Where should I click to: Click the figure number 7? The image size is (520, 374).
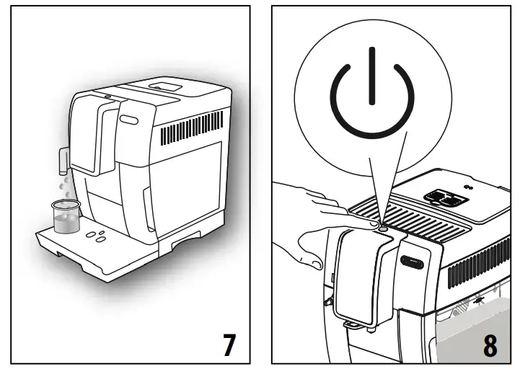[x=229, y=344]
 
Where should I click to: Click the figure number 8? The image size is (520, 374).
[x=490, y=345]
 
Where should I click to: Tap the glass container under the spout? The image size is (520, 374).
[x=65, y=215]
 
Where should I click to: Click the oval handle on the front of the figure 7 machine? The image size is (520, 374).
[x=129, y=117]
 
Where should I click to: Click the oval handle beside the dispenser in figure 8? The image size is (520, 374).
[x=413, y=262]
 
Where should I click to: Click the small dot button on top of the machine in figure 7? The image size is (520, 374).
[x=106, y=95]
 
